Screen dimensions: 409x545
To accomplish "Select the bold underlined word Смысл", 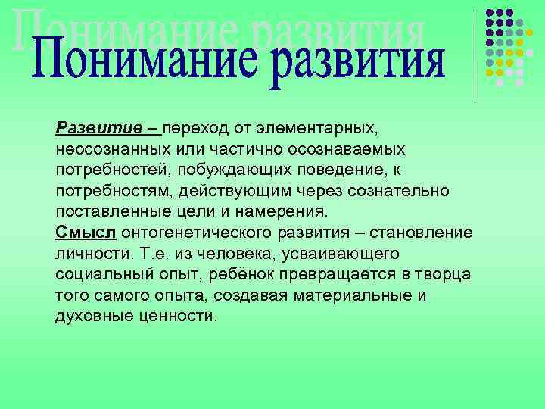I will (86, 230).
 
